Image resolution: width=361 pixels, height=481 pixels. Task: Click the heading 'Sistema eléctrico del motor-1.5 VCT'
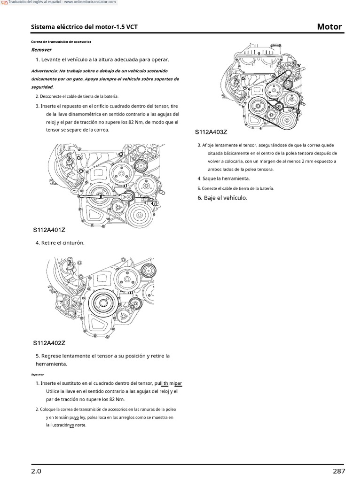pos(85,27)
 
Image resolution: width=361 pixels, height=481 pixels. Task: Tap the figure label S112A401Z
pos(49,230)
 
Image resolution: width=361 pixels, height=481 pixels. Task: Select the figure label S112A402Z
pos(49,343)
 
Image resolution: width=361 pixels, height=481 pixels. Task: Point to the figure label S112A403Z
pos(211,132)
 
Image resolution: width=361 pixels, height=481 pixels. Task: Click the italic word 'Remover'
pos(41,50)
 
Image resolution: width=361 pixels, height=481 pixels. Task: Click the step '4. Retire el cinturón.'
pos(60,243)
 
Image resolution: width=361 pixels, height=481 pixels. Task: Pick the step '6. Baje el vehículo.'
pos(222,198)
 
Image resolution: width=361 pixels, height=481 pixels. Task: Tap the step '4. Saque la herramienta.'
pos(223,178)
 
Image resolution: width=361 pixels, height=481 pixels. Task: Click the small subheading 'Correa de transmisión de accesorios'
pos(61,42)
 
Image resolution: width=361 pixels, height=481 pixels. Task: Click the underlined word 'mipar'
pos(175,383)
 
